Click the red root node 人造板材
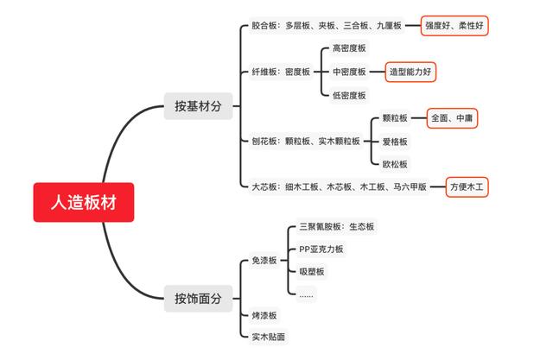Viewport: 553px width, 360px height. click(x=84, y=202)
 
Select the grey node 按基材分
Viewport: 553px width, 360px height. click(x=198, y=106)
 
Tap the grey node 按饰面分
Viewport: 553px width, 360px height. click(x=198, y=299)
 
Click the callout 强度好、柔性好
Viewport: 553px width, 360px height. click(x=454, y=25)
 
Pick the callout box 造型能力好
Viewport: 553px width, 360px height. click(x=410, y=72)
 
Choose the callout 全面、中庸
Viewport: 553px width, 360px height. click(x=452, y=118)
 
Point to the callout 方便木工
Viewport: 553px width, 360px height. click(x=467, y=186)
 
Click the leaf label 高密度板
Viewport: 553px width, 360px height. click(x=349, y=48)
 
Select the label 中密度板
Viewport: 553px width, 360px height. click(x=349, y=72)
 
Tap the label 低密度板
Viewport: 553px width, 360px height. click(x=349, y=95)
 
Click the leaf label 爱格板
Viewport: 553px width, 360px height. click(x=395, y=142)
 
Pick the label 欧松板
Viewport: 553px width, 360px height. click(x=395, y=164)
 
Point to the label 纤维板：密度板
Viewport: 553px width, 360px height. click(x=281, y=72)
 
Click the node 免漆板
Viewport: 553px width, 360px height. click(x=264, y=261)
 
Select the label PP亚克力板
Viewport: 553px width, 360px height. click(x=321, y=249)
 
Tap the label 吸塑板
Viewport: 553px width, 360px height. click(x=312, y=272)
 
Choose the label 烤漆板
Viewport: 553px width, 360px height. click(x=264, y=315)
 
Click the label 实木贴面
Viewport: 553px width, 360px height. click(x=269, y=337)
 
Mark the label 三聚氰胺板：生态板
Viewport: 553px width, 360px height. click(x=336, y=226)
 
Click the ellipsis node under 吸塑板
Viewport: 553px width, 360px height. click(x=306, y=294)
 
